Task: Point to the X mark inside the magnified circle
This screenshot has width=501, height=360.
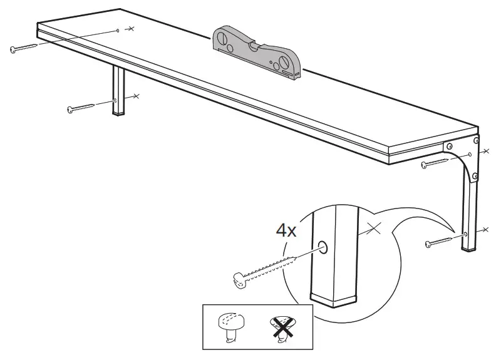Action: (374, 229)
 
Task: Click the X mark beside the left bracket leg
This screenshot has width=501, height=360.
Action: (135, 96)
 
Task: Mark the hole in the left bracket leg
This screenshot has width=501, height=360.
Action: (116, 100)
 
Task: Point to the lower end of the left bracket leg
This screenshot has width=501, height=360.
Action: (117, 113)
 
